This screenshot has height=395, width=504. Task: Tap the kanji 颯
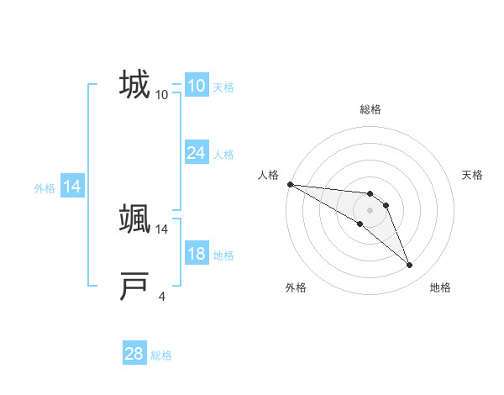(134, 219)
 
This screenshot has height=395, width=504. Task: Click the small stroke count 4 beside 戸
(162, 295)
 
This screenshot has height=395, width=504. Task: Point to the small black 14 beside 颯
(162, 228)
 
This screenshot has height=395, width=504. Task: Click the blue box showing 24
(196, 152)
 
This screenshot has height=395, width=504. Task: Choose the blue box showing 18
(196, 254)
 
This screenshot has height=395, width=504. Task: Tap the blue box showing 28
(134, 354)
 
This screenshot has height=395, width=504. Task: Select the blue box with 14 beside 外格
(72, 187)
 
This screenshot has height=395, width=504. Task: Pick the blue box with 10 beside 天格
(196, 86)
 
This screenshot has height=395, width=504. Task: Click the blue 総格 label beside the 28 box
(161, 355)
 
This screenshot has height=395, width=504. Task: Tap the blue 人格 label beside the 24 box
(223, 155)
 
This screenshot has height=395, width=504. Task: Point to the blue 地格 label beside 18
(223, 255)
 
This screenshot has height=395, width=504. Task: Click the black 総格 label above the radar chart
(370, 109)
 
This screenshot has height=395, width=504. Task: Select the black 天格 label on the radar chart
(473, 175)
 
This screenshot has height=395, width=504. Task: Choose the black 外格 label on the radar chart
(296, 287)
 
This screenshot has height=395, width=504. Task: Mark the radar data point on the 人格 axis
(290, 184)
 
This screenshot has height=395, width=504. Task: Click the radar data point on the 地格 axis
(409, 265)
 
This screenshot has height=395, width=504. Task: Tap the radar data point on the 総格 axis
(370, 193)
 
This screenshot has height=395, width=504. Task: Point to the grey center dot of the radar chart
(370, 209)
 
